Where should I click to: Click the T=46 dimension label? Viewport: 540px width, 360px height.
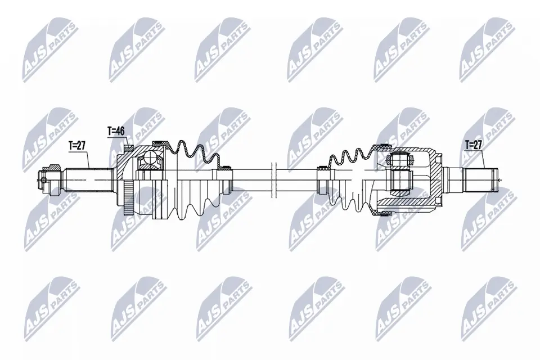pyautogui.click(x=115, y=131)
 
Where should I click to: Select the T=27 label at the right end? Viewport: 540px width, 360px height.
pyautogui.click(x=474, y=145)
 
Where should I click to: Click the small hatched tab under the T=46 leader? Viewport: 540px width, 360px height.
pyautogui.click(x=128, y=148)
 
